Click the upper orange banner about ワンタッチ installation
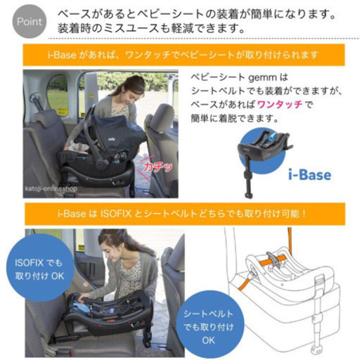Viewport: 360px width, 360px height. pyautogui.click(x=180, y=54)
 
